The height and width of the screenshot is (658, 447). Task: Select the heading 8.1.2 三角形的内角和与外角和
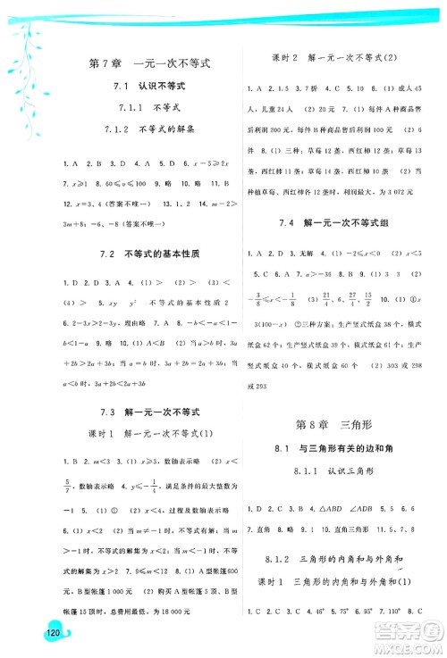pos(336,560)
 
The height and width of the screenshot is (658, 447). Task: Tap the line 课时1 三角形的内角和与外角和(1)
pos(334,582)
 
